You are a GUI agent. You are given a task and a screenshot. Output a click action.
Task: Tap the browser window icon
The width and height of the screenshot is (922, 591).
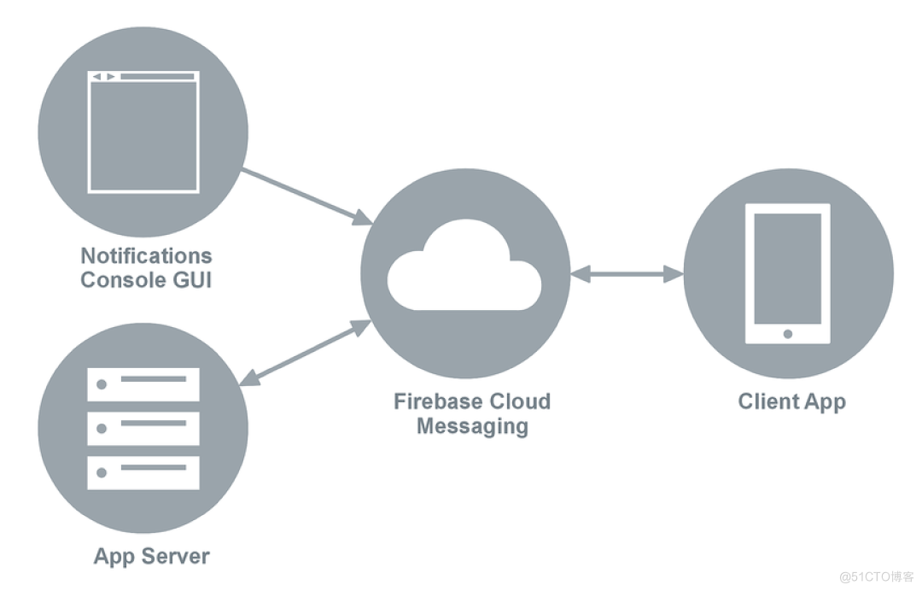tap(143, 132)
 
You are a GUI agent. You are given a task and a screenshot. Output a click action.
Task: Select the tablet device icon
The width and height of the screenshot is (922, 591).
tap(787, 273)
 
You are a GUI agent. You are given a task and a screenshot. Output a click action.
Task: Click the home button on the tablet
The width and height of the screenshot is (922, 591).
tap(787, 333)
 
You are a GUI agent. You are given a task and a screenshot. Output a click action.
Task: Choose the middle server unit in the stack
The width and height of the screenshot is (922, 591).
tap(143, 428)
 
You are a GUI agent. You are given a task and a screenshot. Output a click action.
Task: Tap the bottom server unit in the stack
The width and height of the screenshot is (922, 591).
tap(143, 471)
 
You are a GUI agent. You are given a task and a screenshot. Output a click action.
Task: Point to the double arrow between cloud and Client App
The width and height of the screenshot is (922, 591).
tap(627, 274)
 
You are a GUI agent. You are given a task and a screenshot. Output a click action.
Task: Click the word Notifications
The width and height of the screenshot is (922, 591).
tap(146, 255)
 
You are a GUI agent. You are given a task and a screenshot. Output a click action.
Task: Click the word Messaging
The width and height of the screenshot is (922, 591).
tap(471, 426)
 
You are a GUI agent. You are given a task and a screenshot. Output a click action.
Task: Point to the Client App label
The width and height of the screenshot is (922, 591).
tap(791, 401)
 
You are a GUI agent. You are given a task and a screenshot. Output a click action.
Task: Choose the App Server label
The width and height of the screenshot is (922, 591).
tap(151, 556)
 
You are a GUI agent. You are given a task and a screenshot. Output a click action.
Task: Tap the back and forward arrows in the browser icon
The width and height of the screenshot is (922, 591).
tap(103, 77)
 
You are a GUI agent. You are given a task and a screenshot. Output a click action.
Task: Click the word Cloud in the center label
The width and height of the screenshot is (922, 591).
tap(521, 401)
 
